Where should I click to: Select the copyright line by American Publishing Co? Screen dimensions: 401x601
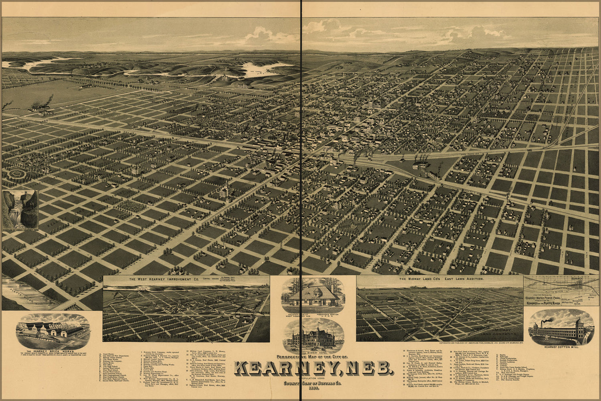(481, 343)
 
